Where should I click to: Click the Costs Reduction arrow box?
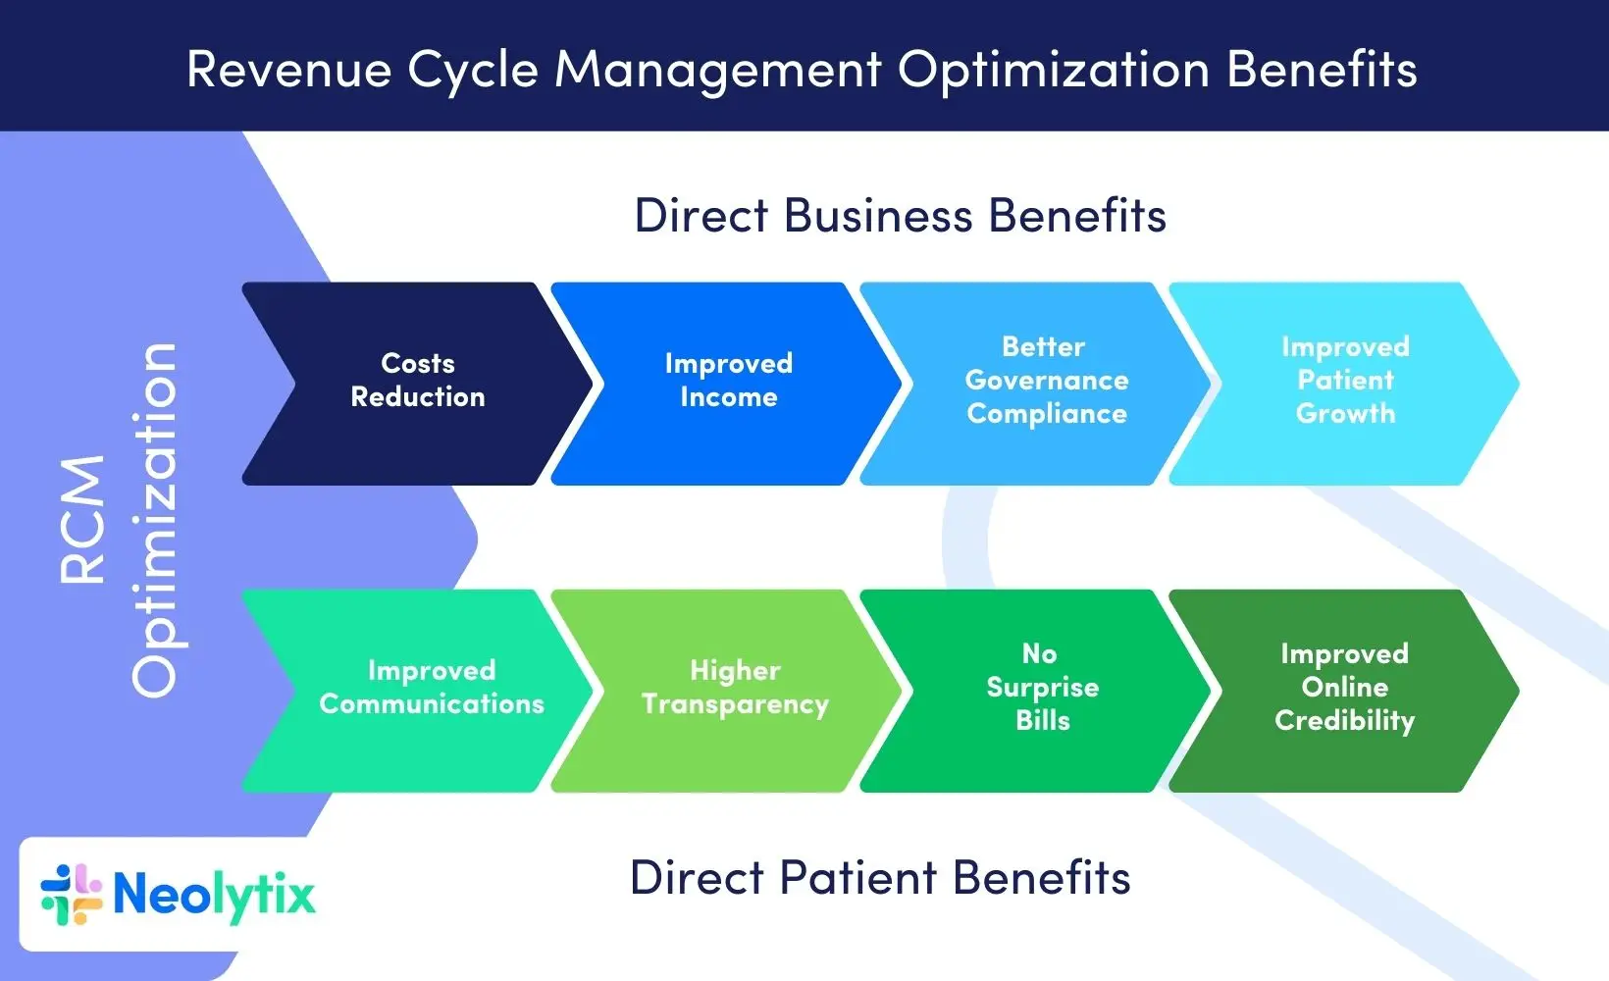418,383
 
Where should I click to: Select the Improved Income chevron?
728,383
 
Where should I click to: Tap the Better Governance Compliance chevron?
1046,383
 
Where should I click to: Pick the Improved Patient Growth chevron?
1345,383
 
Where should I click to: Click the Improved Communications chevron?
432,689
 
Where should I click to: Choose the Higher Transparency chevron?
735,689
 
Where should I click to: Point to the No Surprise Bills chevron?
1042,689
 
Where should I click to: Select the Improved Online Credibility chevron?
1344,689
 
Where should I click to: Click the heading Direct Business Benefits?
900,216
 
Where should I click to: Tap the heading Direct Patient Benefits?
880,878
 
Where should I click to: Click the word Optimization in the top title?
1053,71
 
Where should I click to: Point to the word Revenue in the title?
288,71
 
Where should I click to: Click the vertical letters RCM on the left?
82,520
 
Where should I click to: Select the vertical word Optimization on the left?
155,520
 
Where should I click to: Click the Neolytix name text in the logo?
214,895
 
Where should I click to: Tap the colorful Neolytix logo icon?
72,895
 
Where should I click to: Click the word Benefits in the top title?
1322,71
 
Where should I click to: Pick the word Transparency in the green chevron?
735,705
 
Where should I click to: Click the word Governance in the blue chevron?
1046,381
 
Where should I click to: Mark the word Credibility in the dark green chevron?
1344,721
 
